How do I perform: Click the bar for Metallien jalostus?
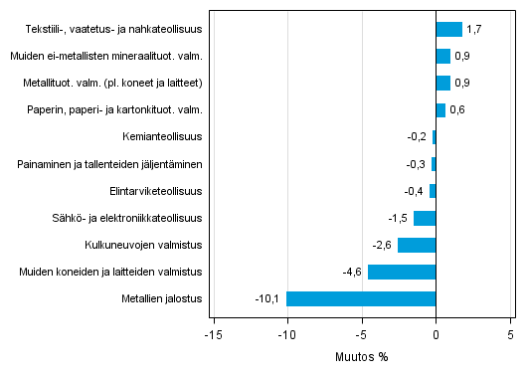point(361,298)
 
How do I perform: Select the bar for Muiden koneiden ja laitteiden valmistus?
point(402,272)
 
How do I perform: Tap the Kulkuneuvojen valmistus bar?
point(417,245)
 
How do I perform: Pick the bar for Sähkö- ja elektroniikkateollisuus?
point(425,218)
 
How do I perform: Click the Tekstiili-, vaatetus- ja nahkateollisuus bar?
point(448,29)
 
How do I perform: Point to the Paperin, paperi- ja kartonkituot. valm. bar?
point(440,109)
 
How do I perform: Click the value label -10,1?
point(268,298)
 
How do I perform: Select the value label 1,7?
point(475,29)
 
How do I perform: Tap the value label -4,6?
point(353,272)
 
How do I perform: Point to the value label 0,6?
point(457,109)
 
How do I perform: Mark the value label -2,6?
point(383,245)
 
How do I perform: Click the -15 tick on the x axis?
point(213,335)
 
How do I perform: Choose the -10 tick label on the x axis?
point(286,335)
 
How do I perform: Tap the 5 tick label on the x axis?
point(510,335)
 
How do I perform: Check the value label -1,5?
point(398,218)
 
